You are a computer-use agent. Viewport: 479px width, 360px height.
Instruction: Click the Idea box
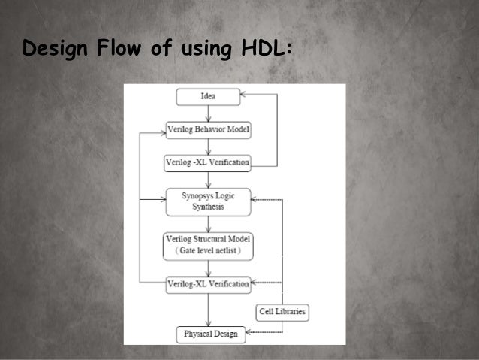tap(207, 96)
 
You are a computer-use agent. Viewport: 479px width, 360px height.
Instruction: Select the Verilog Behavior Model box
tap(207, 129)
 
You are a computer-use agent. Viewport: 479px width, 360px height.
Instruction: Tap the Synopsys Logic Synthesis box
tap(207, 201)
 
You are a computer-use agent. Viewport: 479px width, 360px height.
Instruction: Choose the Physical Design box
tap(210, 334)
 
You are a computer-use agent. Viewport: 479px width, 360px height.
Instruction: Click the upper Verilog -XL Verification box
tap(207, 162)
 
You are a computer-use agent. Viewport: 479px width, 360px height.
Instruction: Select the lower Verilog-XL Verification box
tap(207, 283)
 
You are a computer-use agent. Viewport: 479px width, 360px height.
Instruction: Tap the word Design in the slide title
tap(54, 50)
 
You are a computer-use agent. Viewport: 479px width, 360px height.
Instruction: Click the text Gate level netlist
tap(207, 251)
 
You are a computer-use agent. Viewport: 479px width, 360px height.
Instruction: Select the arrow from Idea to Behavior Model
tap(207, 113)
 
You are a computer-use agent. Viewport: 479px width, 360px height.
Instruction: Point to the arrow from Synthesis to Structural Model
tap(207, 223)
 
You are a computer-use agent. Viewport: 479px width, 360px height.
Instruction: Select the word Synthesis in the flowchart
tap(207, 206)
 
